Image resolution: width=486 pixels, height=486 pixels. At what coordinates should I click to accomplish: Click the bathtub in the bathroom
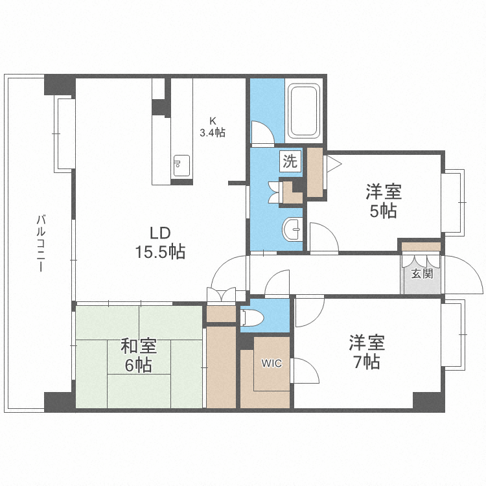(305, 111)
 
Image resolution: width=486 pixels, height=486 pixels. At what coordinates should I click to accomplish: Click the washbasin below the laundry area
(293, 227)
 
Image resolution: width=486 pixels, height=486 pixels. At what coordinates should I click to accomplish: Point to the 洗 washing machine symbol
(290, 161)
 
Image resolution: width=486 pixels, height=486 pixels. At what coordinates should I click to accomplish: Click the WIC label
(272, 364)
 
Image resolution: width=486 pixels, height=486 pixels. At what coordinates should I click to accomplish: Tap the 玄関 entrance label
(422, 273)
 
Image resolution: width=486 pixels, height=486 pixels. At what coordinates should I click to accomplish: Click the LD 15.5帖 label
(159, 242)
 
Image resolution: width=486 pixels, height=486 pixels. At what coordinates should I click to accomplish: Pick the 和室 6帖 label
(137, 355)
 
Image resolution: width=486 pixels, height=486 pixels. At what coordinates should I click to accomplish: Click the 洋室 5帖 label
(383, 201)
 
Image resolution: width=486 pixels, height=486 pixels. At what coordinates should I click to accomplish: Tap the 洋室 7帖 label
(367, 351)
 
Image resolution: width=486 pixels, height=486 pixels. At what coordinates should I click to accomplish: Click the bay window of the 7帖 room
(455, 333)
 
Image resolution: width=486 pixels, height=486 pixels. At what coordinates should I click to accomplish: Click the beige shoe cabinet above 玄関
(421, 246)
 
